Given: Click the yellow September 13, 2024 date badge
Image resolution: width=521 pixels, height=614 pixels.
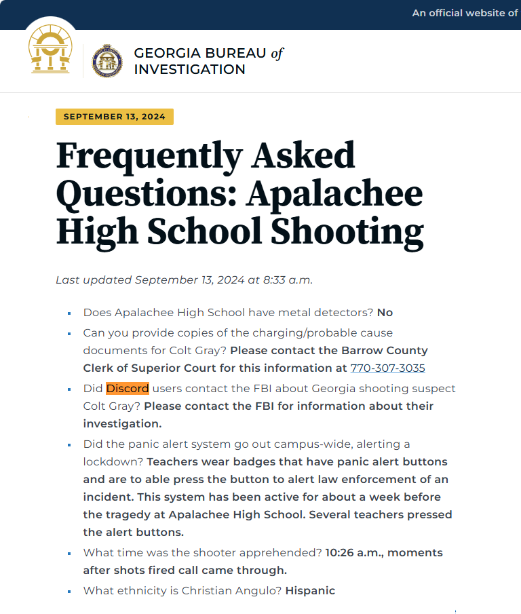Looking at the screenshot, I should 114,117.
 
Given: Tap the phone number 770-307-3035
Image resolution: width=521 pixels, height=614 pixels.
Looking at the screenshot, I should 387,368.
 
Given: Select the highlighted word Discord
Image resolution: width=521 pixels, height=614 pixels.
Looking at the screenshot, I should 128,389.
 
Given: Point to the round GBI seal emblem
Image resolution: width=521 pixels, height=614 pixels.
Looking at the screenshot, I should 107,61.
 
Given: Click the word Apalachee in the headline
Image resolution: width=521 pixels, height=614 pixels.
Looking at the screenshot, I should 334,195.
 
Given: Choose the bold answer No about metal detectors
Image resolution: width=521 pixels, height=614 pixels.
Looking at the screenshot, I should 385,313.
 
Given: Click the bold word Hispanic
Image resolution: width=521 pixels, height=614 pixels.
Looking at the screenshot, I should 310,591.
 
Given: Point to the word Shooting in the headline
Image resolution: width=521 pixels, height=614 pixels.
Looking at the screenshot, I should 348,232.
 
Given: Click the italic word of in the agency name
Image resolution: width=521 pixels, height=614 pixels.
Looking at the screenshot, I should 277,53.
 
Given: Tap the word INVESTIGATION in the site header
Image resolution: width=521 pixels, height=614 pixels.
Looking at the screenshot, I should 189,69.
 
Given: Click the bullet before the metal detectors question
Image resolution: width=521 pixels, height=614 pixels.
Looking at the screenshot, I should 69,313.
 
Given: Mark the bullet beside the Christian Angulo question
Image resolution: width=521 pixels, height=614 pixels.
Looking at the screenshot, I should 69,592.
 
